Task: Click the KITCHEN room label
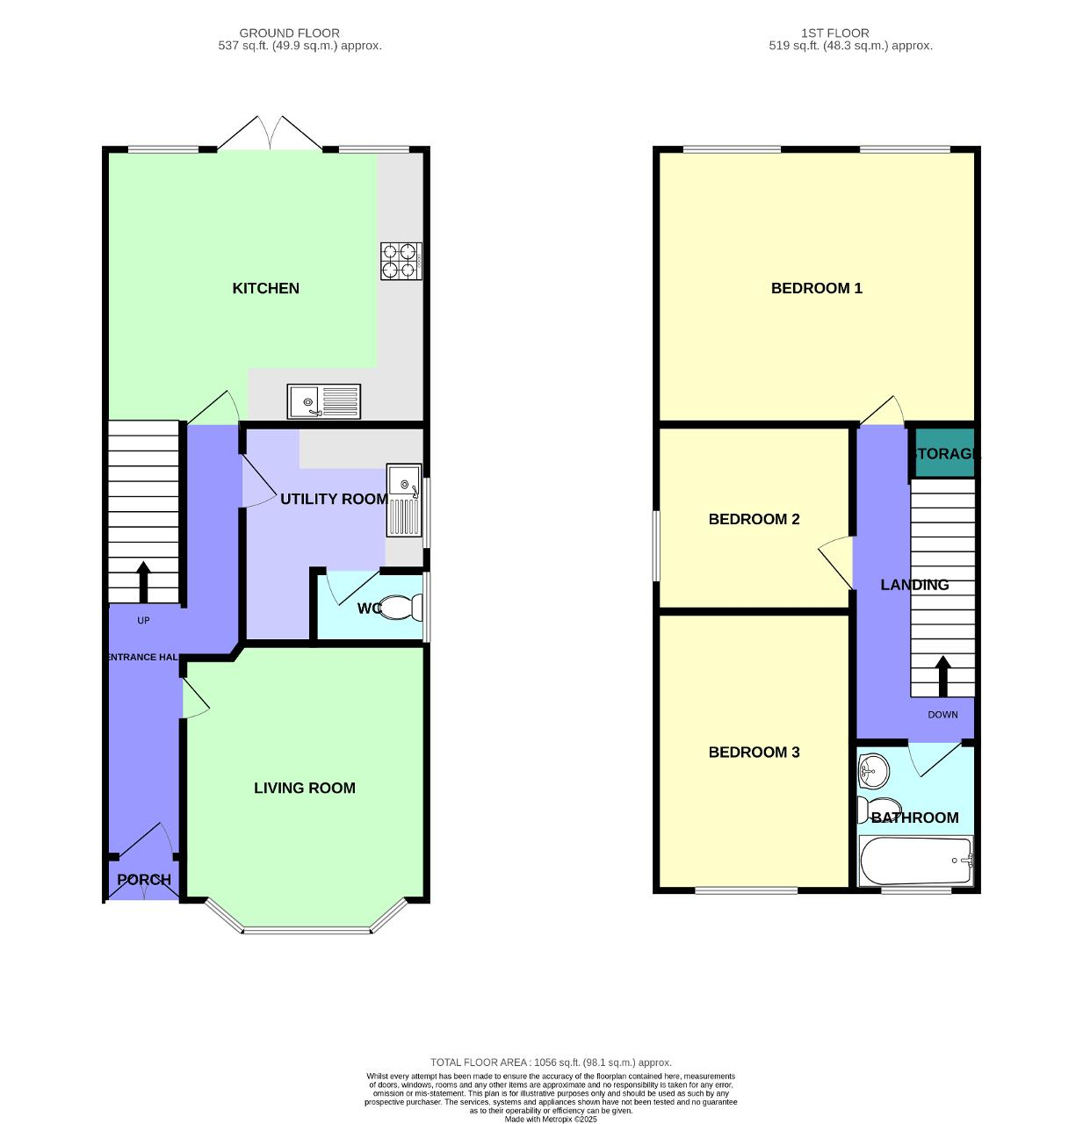(265, 288)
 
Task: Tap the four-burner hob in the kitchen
(401, 261)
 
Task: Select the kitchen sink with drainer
(323, 401)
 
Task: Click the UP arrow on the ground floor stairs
(143, 581)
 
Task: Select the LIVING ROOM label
(304, 788)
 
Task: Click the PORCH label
(144, 879)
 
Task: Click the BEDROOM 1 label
(816, 288)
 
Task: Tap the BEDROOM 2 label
(754, 519)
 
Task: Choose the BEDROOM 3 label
(754, 752)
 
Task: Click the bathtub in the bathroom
(915, 861)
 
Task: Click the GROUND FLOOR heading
(289, 33)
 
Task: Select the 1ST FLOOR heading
(834, 33)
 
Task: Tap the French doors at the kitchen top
(270, 133)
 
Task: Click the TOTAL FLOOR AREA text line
(551, 1063)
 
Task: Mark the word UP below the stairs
(143, 620)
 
